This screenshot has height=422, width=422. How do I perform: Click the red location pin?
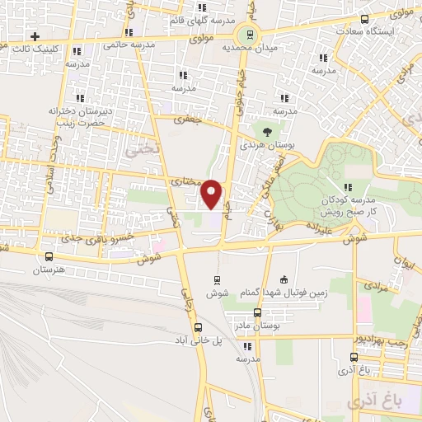[x=212, y=194]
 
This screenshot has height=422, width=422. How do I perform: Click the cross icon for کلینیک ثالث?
[x=35, y=36]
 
